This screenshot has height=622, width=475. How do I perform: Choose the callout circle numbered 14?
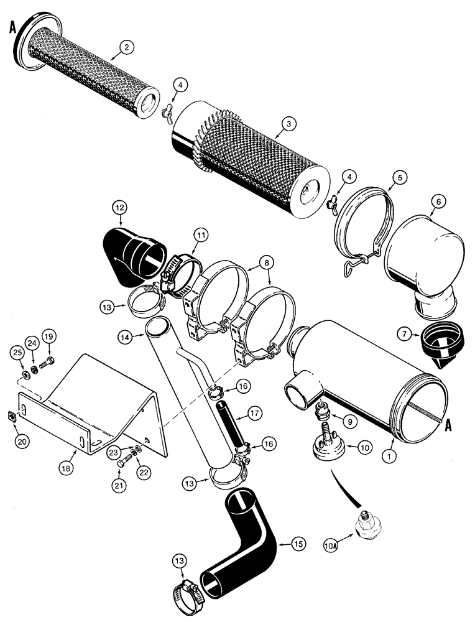126,337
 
